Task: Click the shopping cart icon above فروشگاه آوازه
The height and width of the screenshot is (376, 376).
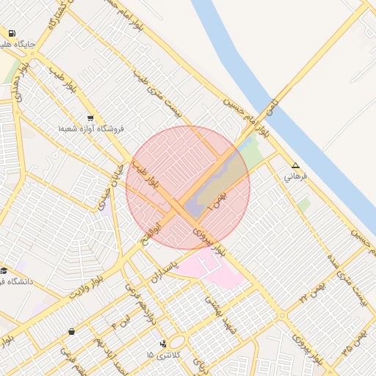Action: (90, 118)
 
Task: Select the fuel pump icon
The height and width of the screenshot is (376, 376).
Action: (12, 34)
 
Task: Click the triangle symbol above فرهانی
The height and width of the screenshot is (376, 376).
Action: (295, 166)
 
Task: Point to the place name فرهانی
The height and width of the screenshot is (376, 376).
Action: (298, 177)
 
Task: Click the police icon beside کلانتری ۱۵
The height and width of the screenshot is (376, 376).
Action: (163, 344)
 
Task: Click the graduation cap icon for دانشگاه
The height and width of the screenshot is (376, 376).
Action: (4, 270)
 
